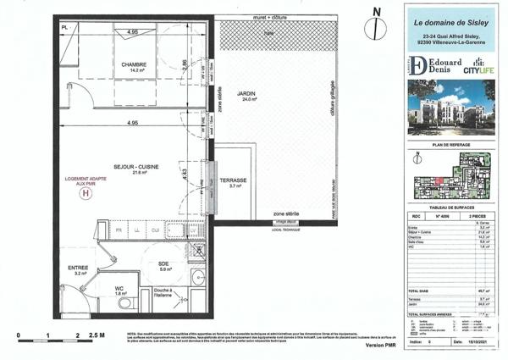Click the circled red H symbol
click(85, 193)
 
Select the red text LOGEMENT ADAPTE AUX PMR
click(84, 180)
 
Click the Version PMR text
click(379, 346)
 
